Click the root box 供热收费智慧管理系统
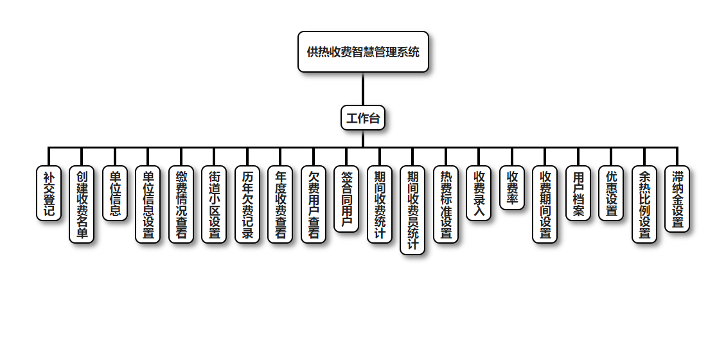click(x=363, y=52)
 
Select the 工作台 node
click(x=363, y=118)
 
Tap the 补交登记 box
click(x=49, y=194)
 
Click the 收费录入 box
click(x=479, y=194)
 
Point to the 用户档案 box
click(x=578, y=194)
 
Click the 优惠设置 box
click(x=611, y=194)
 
